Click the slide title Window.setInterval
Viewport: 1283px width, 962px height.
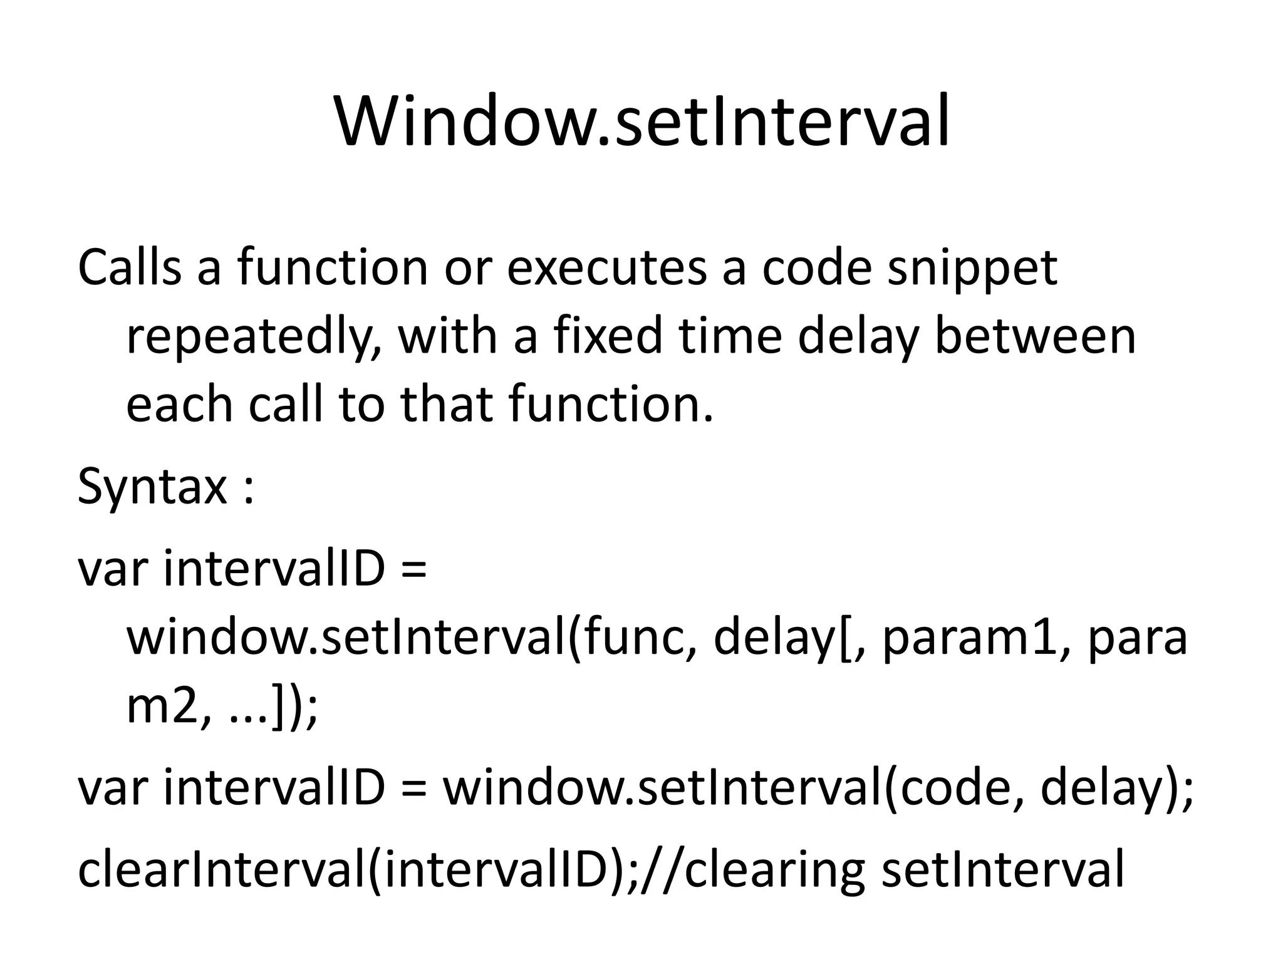641,122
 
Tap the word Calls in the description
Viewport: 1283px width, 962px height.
129,268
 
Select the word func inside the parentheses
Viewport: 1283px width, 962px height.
637,638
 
